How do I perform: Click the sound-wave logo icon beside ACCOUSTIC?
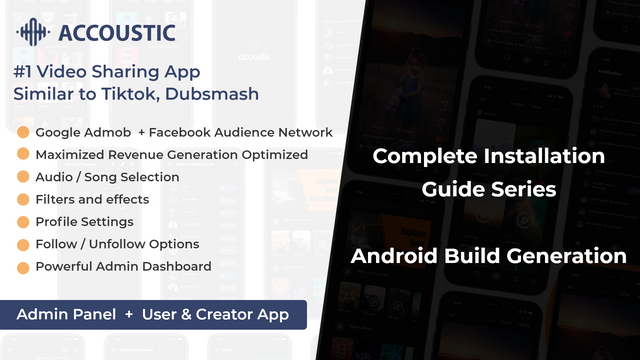[x=33, y=32]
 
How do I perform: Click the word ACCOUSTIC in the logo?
[x=117, y=33]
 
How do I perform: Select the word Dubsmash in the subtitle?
[x=212, y=94]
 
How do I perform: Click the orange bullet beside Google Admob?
[x=23, y=132]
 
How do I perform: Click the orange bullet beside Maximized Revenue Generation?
[x=23, y=154]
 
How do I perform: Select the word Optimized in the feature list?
[x=275, y=156]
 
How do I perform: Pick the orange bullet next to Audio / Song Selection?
[x=23, y=177]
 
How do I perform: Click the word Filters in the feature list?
[x=55, y=199]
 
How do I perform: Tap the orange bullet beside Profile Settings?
[x=23, y=222]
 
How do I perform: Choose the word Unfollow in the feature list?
[x=114, y=244]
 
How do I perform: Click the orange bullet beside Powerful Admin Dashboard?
[x=23, y=268]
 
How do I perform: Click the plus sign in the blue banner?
[x=129, y=314]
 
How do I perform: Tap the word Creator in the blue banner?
[x=223, y=314]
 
